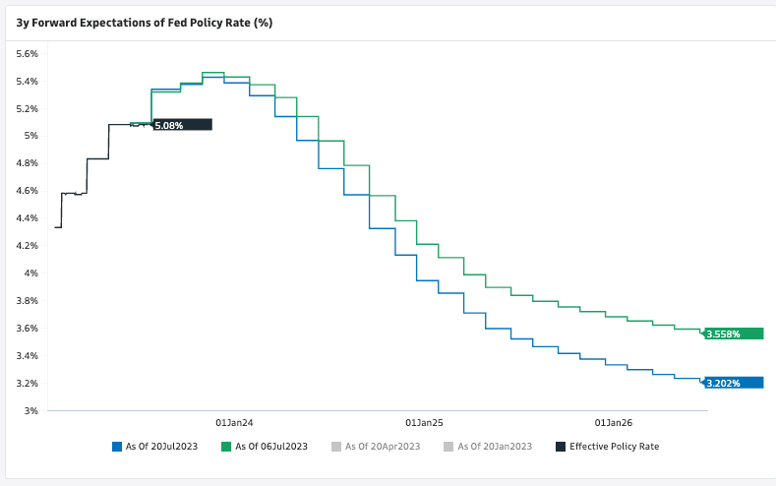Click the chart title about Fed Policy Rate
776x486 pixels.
pyautogui.click(x=144, y=22)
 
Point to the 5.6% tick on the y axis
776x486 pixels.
pyautogui.click(x=26, y=53)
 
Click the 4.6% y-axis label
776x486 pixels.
pyautogui.click(x=26, y=191)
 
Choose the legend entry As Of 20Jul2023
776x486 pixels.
pyautogui.click(x=161, y=447)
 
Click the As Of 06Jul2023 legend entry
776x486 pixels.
pyautogui.click(x=270, y=447)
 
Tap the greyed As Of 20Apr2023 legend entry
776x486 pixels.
pyautogui.click(x=384, y=447)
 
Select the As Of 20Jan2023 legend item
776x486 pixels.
pyautogui.click(x=495, y=447)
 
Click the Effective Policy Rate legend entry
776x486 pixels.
pyautogui.click(x=614, y=447)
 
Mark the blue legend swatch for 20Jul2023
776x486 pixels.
pyautogui.click(x=117, y=447)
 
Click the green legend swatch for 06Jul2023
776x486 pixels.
pyautogui.click(x=226, y=447)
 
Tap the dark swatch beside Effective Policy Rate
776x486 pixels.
pyautogui.click(x=561, y=447)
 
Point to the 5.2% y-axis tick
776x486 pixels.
pyautogui.click(x=26, y=108)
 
